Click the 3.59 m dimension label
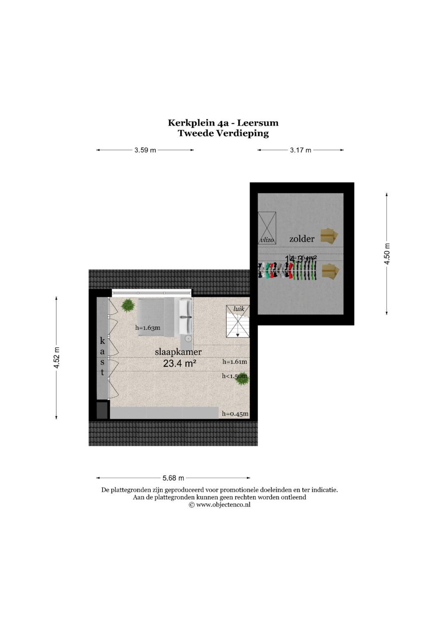tap(145, 150)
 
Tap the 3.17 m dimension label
tap(301, 150)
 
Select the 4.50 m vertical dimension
tap(387, 254)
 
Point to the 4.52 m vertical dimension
tap(57, 358)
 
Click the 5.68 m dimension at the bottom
tap(173, 478)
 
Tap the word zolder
tap(302, 239)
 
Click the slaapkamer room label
tap(178, 352)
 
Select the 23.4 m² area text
tap(179, 363)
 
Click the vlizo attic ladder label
tap(267, 240)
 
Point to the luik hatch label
tap(239, 308)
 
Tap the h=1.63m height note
tap(148, 328)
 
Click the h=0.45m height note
tap(235, 414)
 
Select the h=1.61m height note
tap(235, 362)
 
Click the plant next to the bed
tap(128, 305)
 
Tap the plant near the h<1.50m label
tap(242, 380)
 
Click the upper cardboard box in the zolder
tap(329, 236)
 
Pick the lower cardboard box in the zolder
tap(330, 271)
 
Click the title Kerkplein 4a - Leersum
tap(223, 123)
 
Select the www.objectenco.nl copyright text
tap(219, 505)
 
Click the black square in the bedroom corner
tap(102, 410)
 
